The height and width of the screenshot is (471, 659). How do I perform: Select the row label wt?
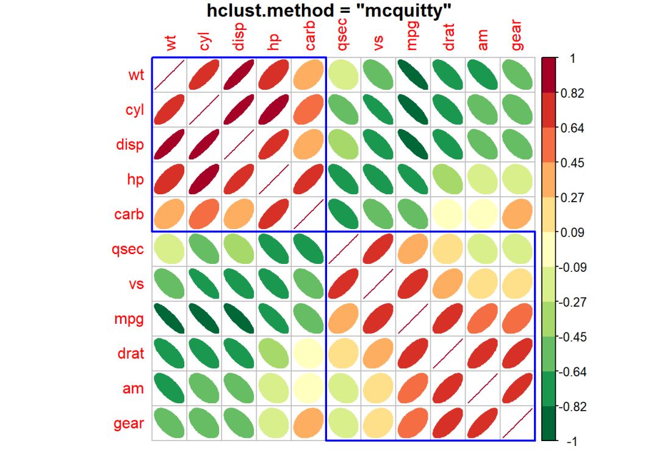pos(136,76)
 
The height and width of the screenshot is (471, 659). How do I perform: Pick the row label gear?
pos(129,423)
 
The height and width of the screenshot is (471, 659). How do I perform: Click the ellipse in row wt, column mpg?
pos(413,76)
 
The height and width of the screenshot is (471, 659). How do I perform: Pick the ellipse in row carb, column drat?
pos(448,214)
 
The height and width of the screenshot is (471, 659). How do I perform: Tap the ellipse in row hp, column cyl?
pos(204,180)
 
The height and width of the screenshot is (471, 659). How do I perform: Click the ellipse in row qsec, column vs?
pos(378,249)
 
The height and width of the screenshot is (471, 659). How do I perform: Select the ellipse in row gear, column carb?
pos(309,423)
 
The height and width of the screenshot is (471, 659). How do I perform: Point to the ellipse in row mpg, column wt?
pos(170,319)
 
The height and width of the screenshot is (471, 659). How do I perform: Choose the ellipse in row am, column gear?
pos(517,389)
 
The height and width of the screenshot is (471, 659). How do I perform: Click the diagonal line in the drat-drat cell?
pos(448,354)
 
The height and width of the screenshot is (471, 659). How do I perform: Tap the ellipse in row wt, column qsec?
pos(344,76)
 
